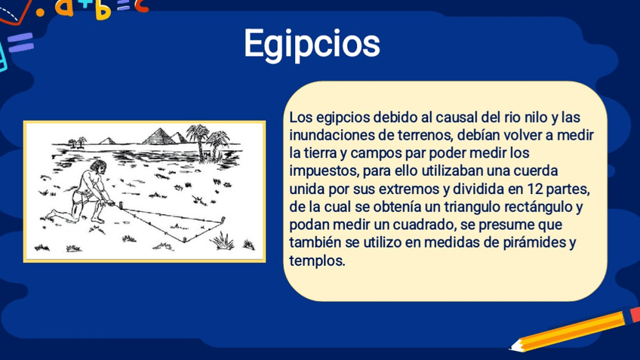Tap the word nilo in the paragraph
[x=533, y=118]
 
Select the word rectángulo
[x=539, y=207]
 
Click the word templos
[x=317, y=261]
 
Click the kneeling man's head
[x=98, y=167]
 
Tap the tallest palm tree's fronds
[x=198, y=132]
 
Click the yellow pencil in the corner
[x=574, y=329]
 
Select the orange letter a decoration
[x=64, y=8]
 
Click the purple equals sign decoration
[x=20, y=42]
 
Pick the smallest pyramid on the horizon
[x=107, y=141]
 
